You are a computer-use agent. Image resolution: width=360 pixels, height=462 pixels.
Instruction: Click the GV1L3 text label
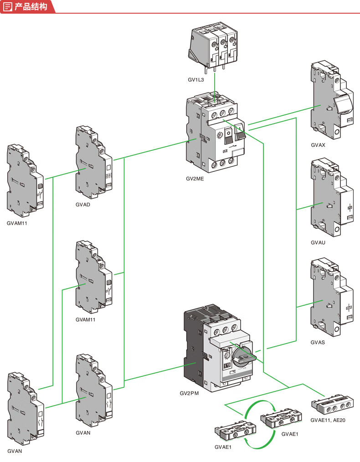pyautogui.click(x=196, y=80)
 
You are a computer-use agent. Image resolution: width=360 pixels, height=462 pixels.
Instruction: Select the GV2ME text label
pyautogui.click(x=195, y=179)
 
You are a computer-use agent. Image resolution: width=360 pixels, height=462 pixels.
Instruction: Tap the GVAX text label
pyautogui.click(x=318, y=145)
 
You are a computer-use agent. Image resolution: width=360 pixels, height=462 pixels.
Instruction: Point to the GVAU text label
pyautogui.click(x=318, y=243)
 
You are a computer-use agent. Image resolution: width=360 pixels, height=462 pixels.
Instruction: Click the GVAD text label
pyautogui.click(x=83, y=205)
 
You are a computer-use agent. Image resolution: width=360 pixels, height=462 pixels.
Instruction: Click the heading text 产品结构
pyautogui.click(x=31, y=6)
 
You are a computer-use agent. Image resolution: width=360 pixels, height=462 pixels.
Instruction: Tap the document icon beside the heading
pyautogui.click(x=7, y=6)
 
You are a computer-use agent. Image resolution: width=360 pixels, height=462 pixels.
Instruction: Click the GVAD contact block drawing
pyautogui.click(x=93, y=161)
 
